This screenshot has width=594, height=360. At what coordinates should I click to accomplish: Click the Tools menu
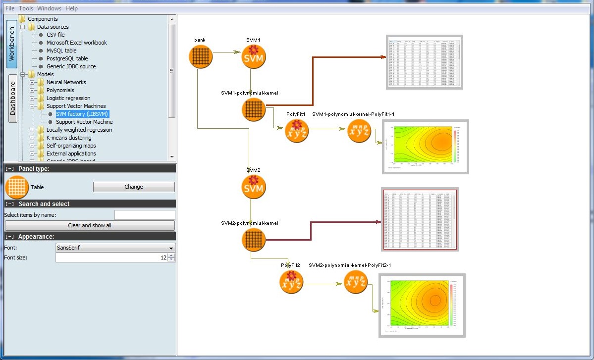[x=26, y=8]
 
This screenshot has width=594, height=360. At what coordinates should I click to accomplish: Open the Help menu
[x=71, y=8]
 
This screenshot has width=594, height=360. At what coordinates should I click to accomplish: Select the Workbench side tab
[x=12, y=44]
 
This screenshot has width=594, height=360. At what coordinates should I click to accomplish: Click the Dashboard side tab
[x=12, y=98]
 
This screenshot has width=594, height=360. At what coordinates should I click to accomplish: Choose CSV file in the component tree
[x=55, y=35]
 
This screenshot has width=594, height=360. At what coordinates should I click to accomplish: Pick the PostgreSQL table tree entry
[x=67, y=58]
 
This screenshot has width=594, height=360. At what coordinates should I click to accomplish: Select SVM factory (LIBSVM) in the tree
[x=82, y=114]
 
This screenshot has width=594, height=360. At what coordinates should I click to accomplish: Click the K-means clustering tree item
[x=69, y=138]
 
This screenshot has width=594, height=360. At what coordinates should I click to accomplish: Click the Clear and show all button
[x=89, y=225]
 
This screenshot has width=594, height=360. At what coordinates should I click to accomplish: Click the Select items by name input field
[x=145, y=215]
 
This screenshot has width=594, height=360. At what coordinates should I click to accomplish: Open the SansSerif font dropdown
[x=115, y=248]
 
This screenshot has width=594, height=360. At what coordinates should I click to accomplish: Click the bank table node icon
[x=200, y=56]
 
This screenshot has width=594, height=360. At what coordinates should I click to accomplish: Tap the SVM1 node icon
[x=253, y=56]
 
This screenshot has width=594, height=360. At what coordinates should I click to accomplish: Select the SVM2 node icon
[x=253, y=187]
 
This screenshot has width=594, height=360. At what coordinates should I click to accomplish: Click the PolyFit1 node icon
[x=297, y=131]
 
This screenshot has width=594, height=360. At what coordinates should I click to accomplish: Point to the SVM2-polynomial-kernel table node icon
[x=253, y=240]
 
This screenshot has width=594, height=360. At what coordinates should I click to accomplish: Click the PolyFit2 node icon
[x=291, y=282]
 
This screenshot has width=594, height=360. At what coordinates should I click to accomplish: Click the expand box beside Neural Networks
[x=32, y=82]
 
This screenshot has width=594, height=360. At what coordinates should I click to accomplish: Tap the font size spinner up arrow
[x=171, y=256]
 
